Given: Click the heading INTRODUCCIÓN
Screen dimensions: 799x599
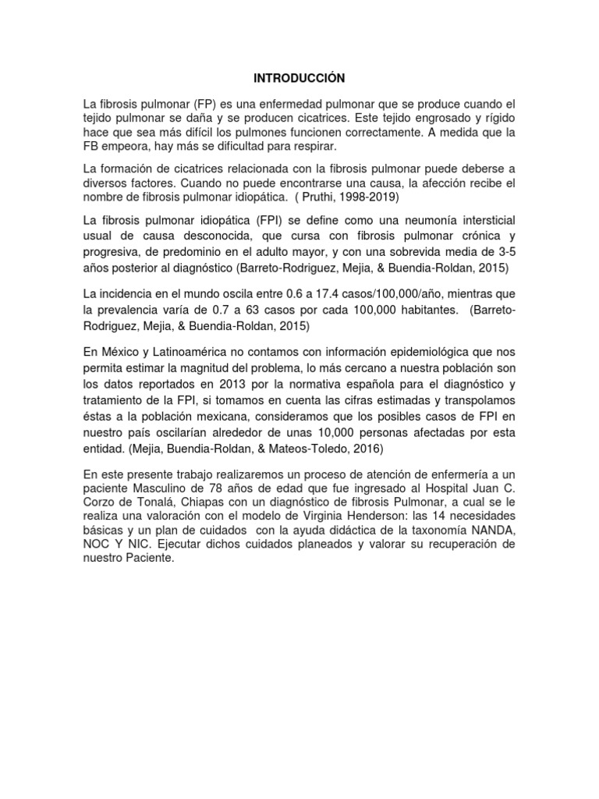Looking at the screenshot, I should point(299,78).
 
